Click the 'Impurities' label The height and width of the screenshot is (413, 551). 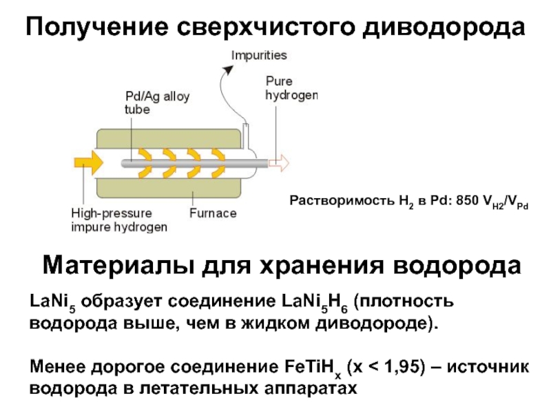coord(259,56)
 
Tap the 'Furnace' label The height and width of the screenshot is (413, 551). coord(213,213)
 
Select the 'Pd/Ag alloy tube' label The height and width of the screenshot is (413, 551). coord(157,103)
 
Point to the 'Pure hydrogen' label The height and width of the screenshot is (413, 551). coord(291,88)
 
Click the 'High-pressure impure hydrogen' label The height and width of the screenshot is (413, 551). coord(119,220)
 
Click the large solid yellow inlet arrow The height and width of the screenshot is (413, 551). coord(89,162)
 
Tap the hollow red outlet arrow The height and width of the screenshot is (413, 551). coord(279,163)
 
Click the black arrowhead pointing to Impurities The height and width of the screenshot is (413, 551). coord(229,70)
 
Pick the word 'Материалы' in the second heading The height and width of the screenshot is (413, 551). coord(118,265)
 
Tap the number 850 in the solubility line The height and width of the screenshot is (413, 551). coord(468,200)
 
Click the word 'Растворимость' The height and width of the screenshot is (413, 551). coord(342,200)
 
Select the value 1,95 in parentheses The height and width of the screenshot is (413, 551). coord(404,367)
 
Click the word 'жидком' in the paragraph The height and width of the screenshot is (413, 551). coord(275,323)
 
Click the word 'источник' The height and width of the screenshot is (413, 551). coord(488,367)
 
